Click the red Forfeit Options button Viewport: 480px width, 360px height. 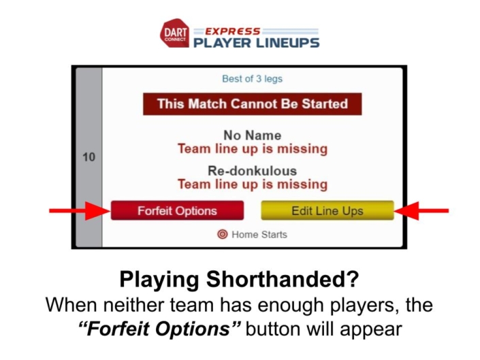pos(176,210)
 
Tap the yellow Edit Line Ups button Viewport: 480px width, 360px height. pos(327,210)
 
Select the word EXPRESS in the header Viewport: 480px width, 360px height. pos(227,30)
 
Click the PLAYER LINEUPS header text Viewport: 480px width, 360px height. pos(256,42)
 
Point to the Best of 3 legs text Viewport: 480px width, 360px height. pos(252,79)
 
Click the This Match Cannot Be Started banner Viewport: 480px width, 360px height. pos(252,104)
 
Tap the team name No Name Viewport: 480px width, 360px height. pos(252,135)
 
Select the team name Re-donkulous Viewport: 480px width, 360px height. pos(252,171)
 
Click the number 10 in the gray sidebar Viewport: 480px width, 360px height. pos(89,157)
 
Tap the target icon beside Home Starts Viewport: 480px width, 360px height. pos(222,234)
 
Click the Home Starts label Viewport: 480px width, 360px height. pos(259,234)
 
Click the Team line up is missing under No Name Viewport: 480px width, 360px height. pos(252,148)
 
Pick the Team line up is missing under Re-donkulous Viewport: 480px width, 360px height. pos(252,184)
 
